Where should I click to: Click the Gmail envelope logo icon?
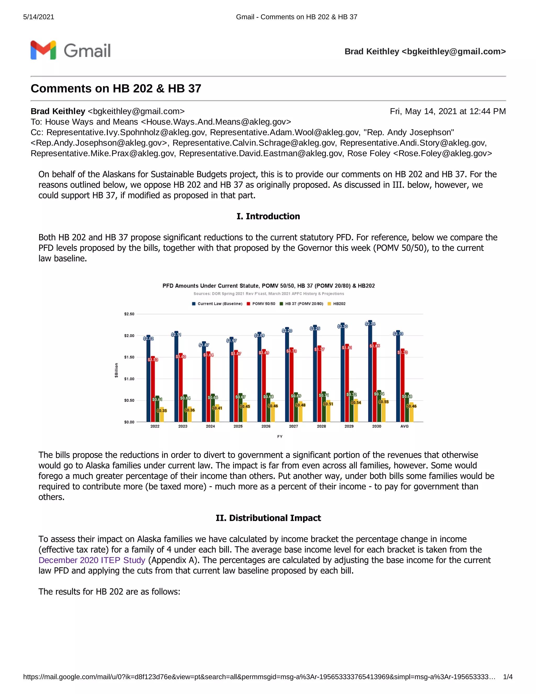43,50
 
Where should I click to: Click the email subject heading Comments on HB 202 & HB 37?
116,89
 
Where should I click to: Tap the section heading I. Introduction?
268,216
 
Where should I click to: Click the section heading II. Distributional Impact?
268,518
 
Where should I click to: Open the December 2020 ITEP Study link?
92,560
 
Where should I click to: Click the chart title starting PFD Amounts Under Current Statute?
268,286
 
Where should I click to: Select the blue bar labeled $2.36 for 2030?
370,372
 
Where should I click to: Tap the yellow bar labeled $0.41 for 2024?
217,415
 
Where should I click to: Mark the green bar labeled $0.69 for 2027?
296,408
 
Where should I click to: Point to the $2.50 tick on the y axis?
129,314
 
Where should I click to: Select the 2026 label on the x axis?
266,426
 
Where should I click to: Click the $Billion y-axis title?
116,370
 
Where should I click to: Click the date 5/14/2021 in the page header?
39,17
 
